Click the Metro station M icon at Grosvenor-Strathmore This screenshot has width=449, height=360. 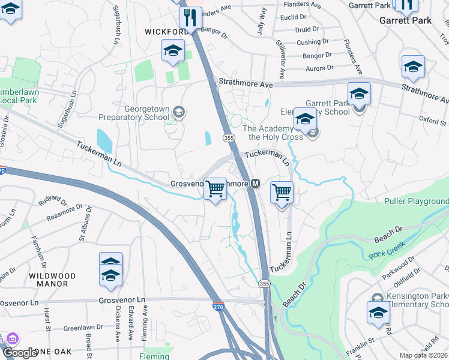(255, 183)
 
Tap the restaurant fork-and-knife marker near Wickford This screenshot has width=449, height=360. (190, 18)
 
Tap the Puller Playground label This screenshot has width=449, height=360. (416, 201)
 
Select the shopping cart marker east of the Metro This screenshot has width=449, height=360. (282, 193)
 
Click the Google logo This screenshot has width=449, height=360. (20, 353)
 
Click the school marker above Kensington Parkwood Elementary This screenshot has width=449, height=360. (378, 313)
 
